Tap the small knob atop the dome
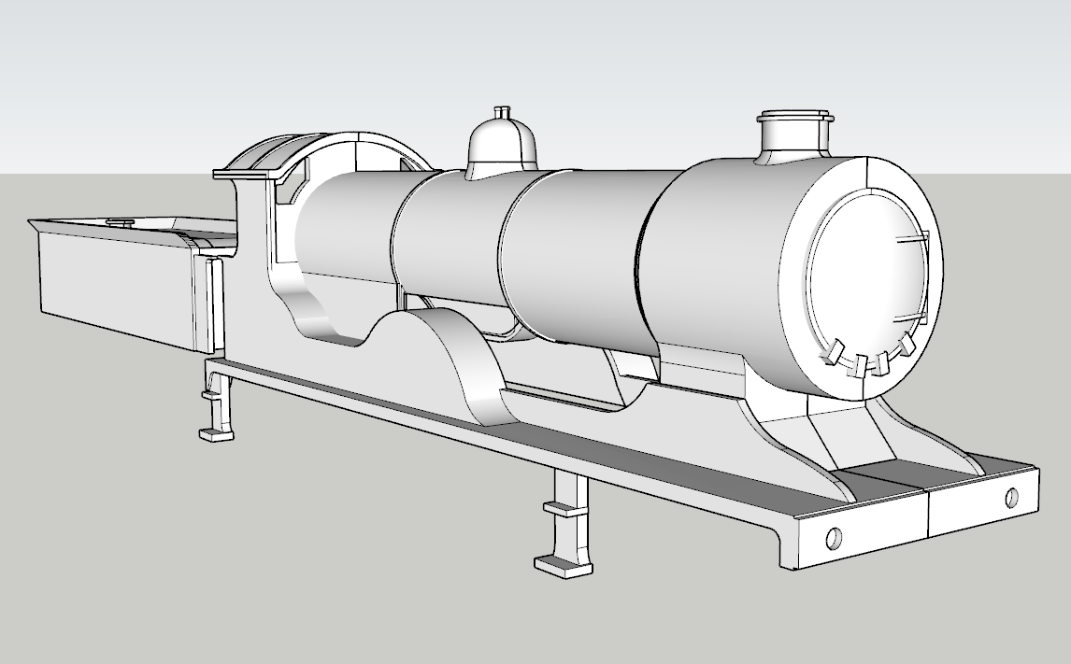pos(503,112)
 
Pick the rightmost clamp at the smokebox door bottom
pos(906,345)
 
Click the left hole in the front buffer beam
pos(834,538)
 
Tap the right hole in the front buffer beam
pos(1010,497)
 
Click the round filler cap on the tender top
pos(120,222)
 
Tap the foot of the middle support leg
pos(564,565)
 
